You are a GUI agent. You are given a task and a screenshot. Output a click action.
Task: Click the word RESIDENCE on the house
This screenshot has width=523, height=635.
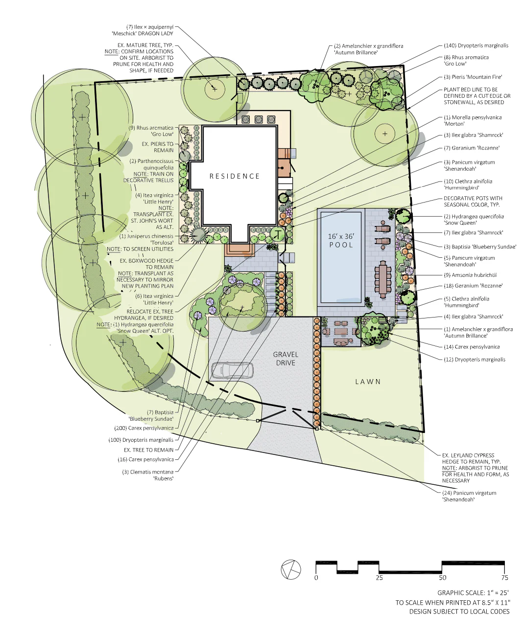point(235,176)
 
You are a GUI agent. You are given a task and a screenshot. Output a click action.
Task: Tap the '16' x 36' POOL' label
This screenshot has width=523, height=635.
point(341,240)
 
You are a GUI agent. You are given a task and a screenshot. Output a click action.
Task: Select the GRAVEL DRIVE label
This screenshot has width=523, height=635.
point(285,359)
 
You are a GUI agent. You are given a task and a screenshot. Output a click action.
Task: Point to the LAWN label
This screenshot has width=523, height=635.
point(368,382)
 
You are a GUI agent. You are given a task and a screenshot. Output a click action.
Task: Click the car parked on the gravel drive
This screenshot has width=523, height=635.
point(232,370)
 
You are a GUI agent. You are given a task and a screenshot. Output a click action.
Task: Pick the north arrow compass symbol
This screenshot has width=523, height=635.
point(291,569)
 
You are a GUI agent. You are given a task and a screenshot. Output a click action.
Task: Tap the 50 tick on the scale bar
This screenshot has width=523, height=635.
point(442,577)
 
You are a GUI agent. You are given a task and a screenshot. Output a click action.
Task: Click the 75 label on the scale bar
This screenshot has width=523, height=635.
point(504,578)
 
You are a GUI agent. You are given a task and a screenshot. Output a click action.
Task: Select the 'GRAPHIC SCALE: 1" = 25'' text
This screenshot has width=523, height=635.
point(473,592)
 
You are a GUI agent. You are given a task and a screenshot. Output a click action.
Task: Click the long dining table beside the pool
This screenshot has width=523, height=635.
point(383,279)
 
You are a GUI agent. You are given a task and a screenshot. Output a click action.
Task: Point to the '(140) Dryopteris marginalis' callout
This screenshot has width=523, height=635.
point(476,45)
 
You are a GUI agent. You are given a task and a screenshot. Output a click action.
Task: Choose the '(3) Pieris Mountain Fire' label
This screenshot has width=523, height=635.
point(473,77)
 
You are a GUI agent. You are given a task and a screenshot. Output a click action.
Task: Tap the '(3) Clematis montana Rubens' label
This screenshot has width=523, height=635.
point(148,475)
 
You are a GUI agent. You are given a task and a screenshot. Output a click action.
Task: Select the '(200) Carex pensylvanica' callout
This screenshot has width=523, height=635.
point(144,428)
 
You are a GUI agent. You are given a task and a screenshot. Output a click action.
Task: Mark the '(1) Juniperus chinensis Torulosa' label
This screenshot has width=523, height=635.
point(146,239)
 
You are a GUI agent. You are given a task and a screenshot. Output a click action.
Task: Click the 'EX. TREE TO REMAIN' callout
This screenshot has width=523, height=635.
point(148,450)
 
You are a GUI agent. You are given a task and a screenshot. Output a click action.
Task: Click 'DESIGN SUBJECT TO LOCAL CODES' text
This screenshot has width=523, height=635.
point(459,612)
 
